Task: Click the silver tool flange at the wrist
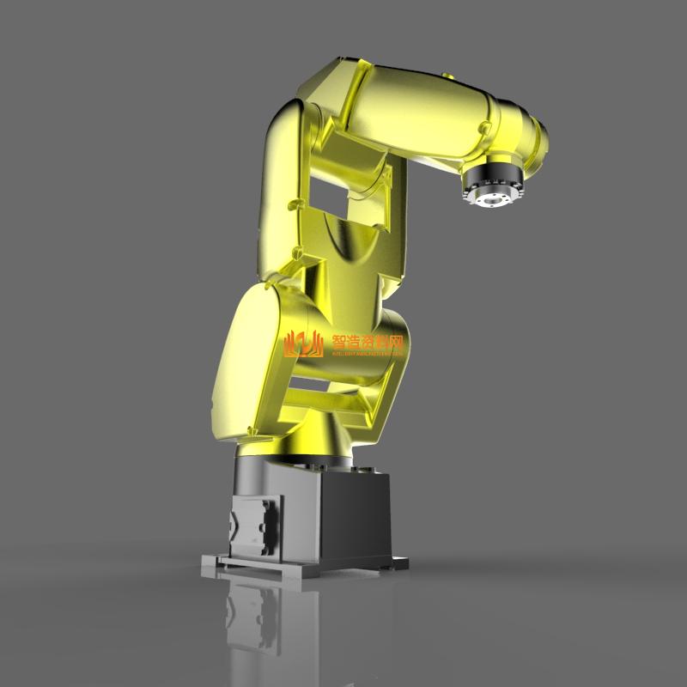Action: tap(490, 196)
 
